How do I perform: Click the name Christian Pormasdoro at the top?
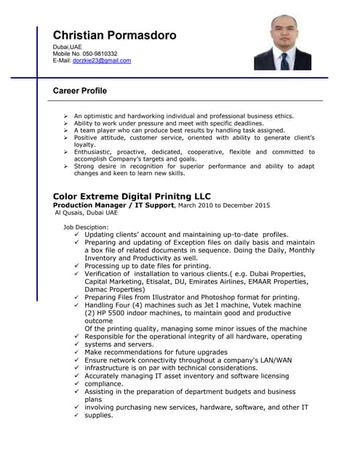(x=114, y=35)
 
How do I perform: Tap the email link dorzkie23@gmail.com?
(x=102, y=61)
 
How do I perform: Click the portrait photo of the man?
(x=282, y=44)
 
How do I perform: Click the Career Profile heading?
(x=80, y=91)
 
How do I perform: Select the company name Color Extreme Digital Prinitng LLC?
(x=132, y=196)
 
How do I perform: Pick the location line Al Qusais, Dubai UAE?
(x=86, y=213)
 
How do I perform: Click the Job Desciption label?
(x=86, y=227)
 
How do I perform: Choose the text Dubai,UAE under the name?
(x=67, y=47)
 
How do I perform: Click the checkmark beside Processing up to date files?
(x=76, y=266)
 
